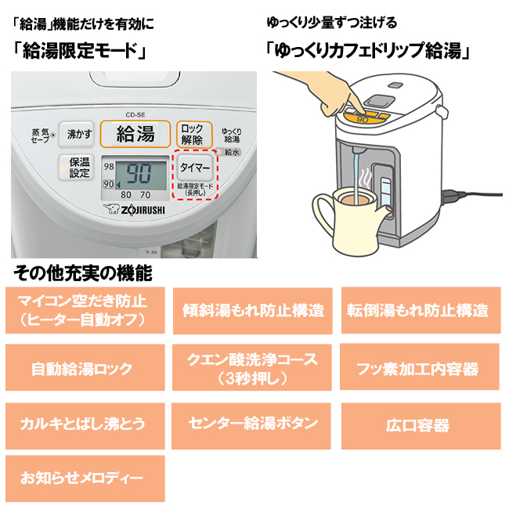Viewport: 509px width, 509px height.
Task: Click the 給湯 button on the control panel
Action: point(135,133)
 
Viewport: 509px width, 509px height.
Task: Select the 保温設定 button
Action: point(79,168)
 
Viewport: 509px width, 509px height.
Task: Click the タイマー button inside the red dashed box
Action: point(193,168)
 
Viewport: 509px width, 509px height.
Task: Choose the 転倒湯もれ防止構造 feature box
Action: point(419,310)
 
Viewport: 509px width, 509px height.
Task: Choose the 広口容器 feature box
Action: point(419,426)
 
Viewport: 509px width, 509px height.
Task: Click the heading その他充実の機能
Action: point(83,274)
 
